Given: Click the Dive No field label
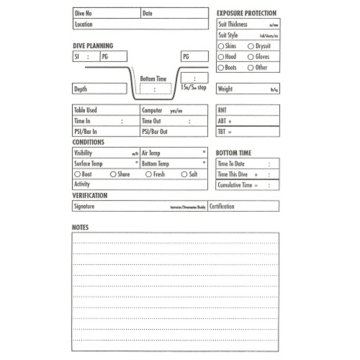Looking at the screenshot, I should tap(83, 14).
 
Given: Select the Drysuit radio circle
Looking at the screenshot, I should tap(251, 46).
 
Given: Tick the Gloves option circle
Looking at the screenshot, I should tap(251, 57).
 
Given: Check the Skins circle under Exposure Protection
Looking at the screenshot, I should tap(221, 46).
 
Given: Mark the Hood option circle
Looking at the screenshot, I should tap(221, 57).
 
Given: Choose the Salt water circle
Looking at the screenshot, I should tap(184, 175).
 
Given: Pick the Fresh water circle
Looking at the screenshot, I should tap(149, 175).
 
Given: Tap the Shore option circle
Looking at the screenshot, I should tap(113, 175).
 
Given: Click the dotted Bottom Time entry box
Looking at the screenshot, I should tap(156, 89).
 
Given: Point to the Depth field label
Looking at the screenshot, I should tap(81, 89).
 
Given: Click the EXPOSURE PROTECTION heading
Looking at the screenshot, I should tap(247, 13).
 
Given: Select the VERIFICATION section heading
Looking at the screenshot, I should tap(90, 196).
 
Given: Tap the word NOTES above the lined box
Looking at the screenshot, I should tap(80, 228).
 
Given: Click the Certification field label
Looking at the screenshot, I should tap(222, 207).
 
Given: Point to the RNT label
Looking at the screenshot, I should tap(222, 110).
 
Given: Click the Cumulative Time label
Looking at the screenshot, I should tap(235, 185).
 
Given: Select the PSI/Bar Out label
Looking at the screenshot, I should tap(155, 132).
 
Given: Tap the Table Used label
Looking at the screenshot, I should tap(85, 110).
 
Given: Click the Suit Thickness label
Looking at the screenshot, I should tap(233, 24).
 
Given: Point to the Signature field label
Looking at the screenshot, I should tap(84, 207).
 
